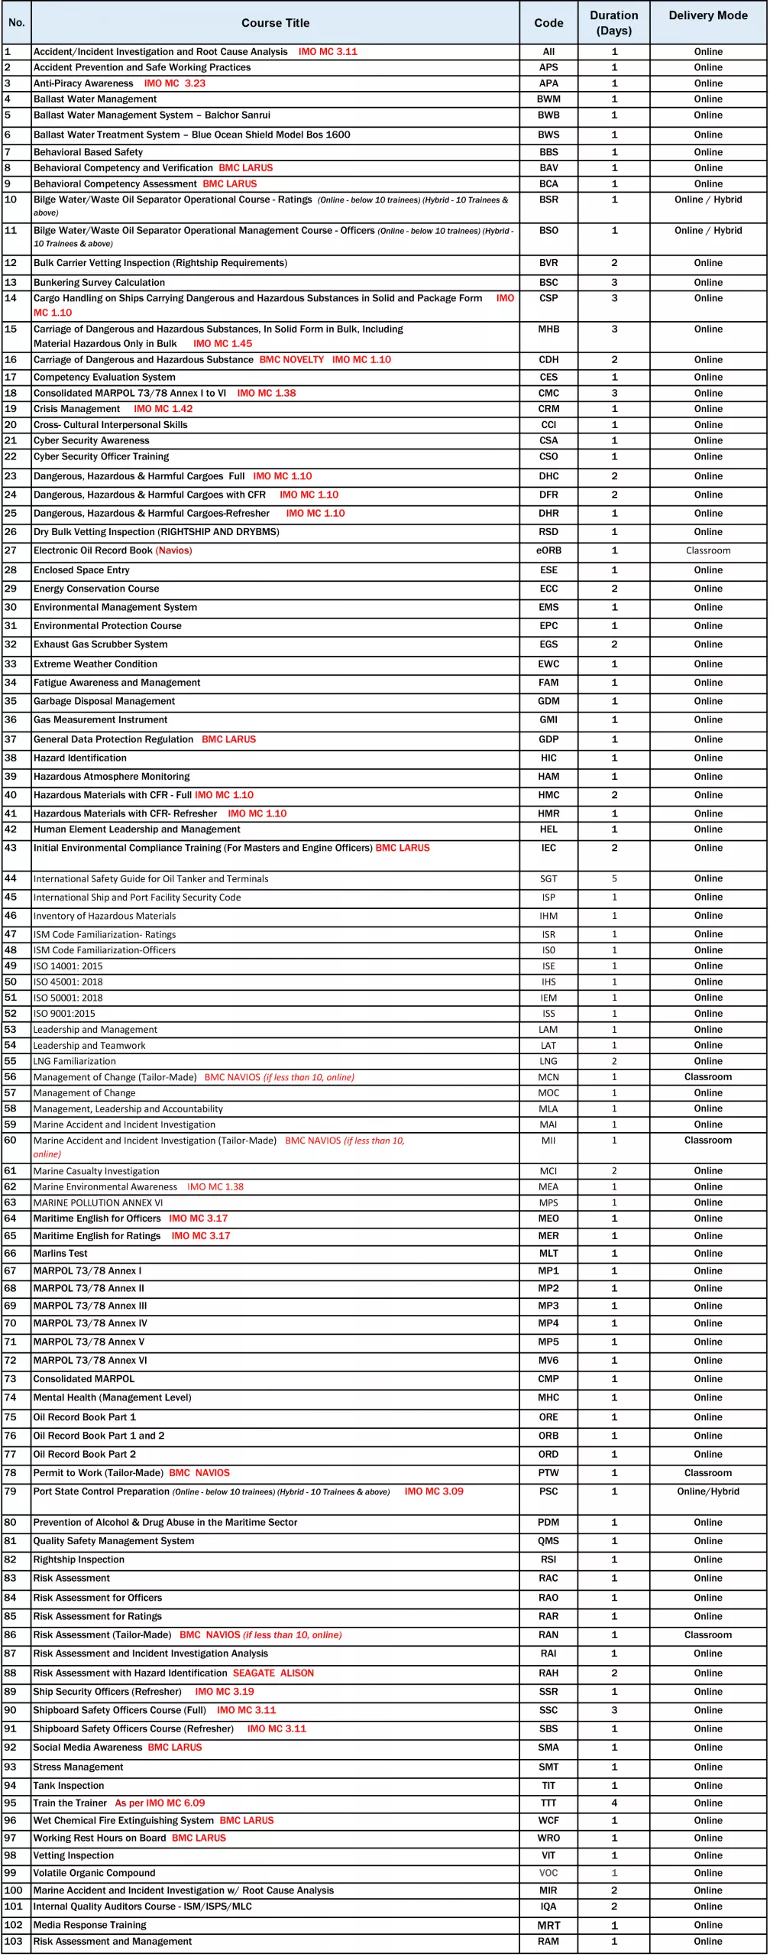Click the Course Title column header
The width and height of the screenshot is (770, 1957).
click(x=275, y=23)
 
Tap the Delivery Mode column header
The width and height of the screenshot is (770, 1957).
click(x=707, y=15)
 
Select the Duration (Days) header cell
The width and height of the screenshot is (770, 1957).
click(x=613, y=23)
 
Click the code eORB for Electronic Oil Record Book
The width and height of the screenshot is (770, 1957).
click(x=548, y=550)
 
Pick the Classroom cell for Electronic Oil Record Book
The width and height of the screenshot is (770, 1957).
click(x=707, y=550)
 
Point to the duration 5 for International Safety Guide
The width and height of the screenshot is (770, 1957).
click(x=614, y=878)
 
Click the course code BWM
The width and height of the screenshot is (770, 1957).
click(x=548, y=99)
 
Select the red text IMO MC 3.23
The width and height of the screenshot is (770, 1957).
click(x=174, y=83)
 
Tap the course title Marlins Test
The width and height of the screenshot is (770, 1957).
click(x=60, y=1253)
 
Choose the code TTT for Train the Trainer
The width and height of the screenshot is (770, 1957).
click(x=548, y=1803)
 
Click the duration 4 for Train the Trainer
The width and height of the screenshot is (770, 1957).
click(x=614, y=1803)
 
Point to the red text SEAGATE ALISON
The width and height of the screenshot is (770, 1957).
click(x=273, y=1673)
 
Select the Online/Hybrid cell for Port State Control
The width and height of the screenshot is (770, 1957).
click(x=707, y=1491)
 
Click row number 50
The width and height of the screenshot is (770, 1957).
click(x=11, y=982)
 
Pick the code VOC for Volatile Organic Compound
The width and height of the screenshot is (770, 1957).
click(x=548, y=1872)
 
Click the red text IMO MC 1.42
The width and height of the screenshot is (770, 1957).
click(x=163, y=409)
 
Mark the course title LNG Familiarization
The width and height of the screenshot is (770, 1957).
click(x=75, y=1061)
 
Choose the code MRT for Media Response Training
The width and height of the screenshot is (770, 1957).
click(x=548, y=1925)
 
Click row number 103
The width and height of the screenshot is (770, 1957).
click(x=14, y=1941)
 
